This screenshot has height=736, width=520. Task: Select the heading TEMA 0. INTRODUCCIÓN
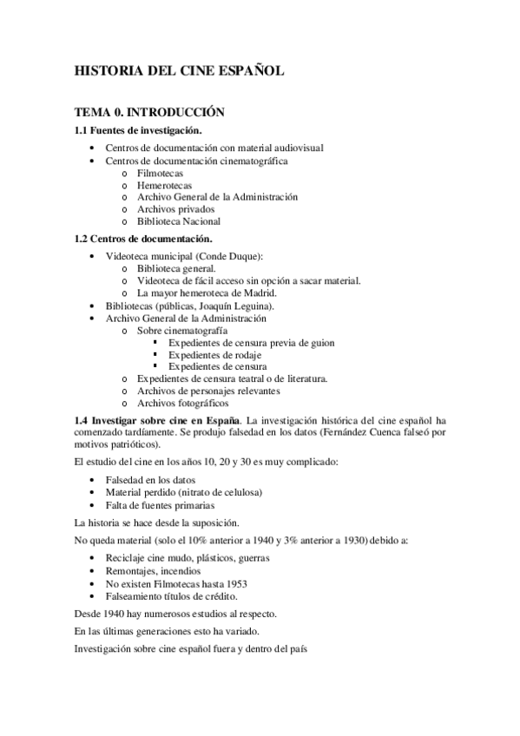[149, 112]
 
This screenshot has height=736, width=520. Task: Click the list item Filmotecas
[160, 173]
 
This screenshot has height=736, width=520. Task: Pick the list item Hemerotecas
[164, 185]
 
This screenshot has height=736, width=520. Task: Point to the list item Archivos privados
[175, 209]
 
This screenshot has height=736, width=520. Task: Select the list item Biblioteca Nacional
[179, 221]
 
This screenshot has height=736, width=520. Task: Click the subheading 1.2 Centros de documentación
[143, 239]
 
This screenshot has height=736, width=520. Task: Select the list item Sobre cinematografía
[182, 331]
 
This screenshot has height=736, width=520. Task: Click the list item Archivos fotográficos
[182, 404]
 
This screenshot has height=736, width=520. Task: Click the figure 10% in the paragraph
[214, 540]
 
